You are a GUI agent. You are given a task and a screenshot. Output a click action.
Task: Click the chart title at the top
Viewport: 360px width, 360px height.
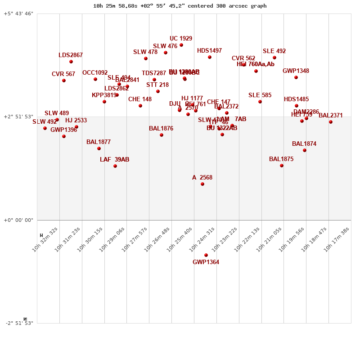coord(180,6)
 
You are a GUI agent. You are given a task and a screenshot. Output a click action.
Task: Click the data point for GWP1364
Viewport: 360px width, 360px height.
coord(206,255)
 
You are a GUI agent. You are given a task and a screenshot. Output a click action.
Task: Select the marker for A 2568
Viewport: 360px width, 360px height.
coord(202,184)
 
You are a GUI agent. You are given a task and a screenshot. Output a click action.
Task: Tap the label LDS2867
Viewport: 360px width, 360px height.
coord(71,55)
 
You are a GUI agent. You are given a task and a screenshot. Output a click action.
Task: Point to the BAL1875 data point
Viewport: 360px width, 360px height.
coord(282,166)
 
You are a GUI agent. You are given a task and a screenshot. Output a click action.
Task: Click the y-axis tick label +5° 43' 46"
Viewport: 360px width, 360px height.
coord(18,14)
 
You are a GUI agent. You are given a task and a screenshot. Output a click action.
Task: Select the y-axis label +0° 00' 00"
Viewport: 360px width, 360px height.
coord(18,220)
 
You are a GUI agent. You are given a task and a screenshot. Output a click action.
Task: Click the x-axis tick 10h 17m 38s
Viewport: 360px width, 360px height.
coord(339,238)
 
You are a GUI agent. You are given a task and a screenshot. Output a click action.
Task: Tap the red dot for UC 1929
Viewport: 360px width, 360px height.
coord(181,45)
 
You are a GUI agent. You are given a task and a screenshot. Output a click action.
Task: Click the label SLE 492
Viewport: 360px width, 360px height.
coord(274,51)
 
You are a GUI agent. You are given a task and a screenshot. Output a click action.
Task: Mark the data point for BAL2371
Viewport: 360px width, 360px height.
coord(331,122)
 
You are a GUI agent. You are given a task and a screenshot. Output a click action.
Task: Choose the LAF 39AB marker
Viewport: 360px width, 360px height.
coord(115,166)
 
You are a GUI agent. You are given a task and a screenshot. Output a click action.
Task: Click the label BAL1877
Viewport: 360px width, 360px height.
coord(99,142)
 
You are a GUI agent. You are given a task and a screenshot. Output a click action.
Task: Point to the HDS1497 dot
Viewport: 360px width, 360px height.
coord(210,57)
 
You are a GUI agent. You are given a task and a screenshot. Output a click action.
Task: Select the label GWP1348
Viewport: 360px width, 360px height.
coord(296,71)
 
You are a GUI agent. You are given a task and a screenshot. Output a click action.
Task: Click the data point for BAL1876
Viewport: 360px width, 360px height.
coord(162,135)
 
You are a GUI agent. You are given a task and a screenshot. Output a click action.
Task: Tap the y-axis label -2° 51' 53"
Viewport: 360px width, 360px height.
coord(18,323)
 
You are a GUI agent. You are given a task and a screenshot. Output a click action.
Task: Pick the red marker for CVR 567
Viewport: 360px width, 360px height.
coord(64,81)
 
